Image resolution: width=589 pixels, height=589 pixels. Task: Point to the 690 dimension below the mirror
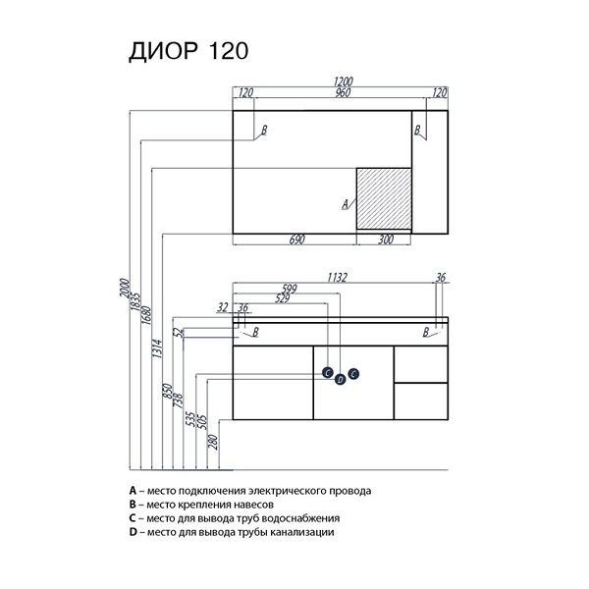click(297, 239)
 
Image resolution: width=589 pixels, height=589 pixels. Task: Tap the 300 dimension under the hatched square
click(383, 239)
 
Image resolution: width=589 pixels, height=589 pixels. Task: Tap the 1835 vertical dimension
click(135, 298)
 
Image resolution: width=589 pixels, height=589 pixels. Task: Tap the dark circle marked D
click(340, 379)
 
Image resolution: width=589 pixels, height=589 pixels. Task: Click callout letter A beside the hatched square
click(344, 206)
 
